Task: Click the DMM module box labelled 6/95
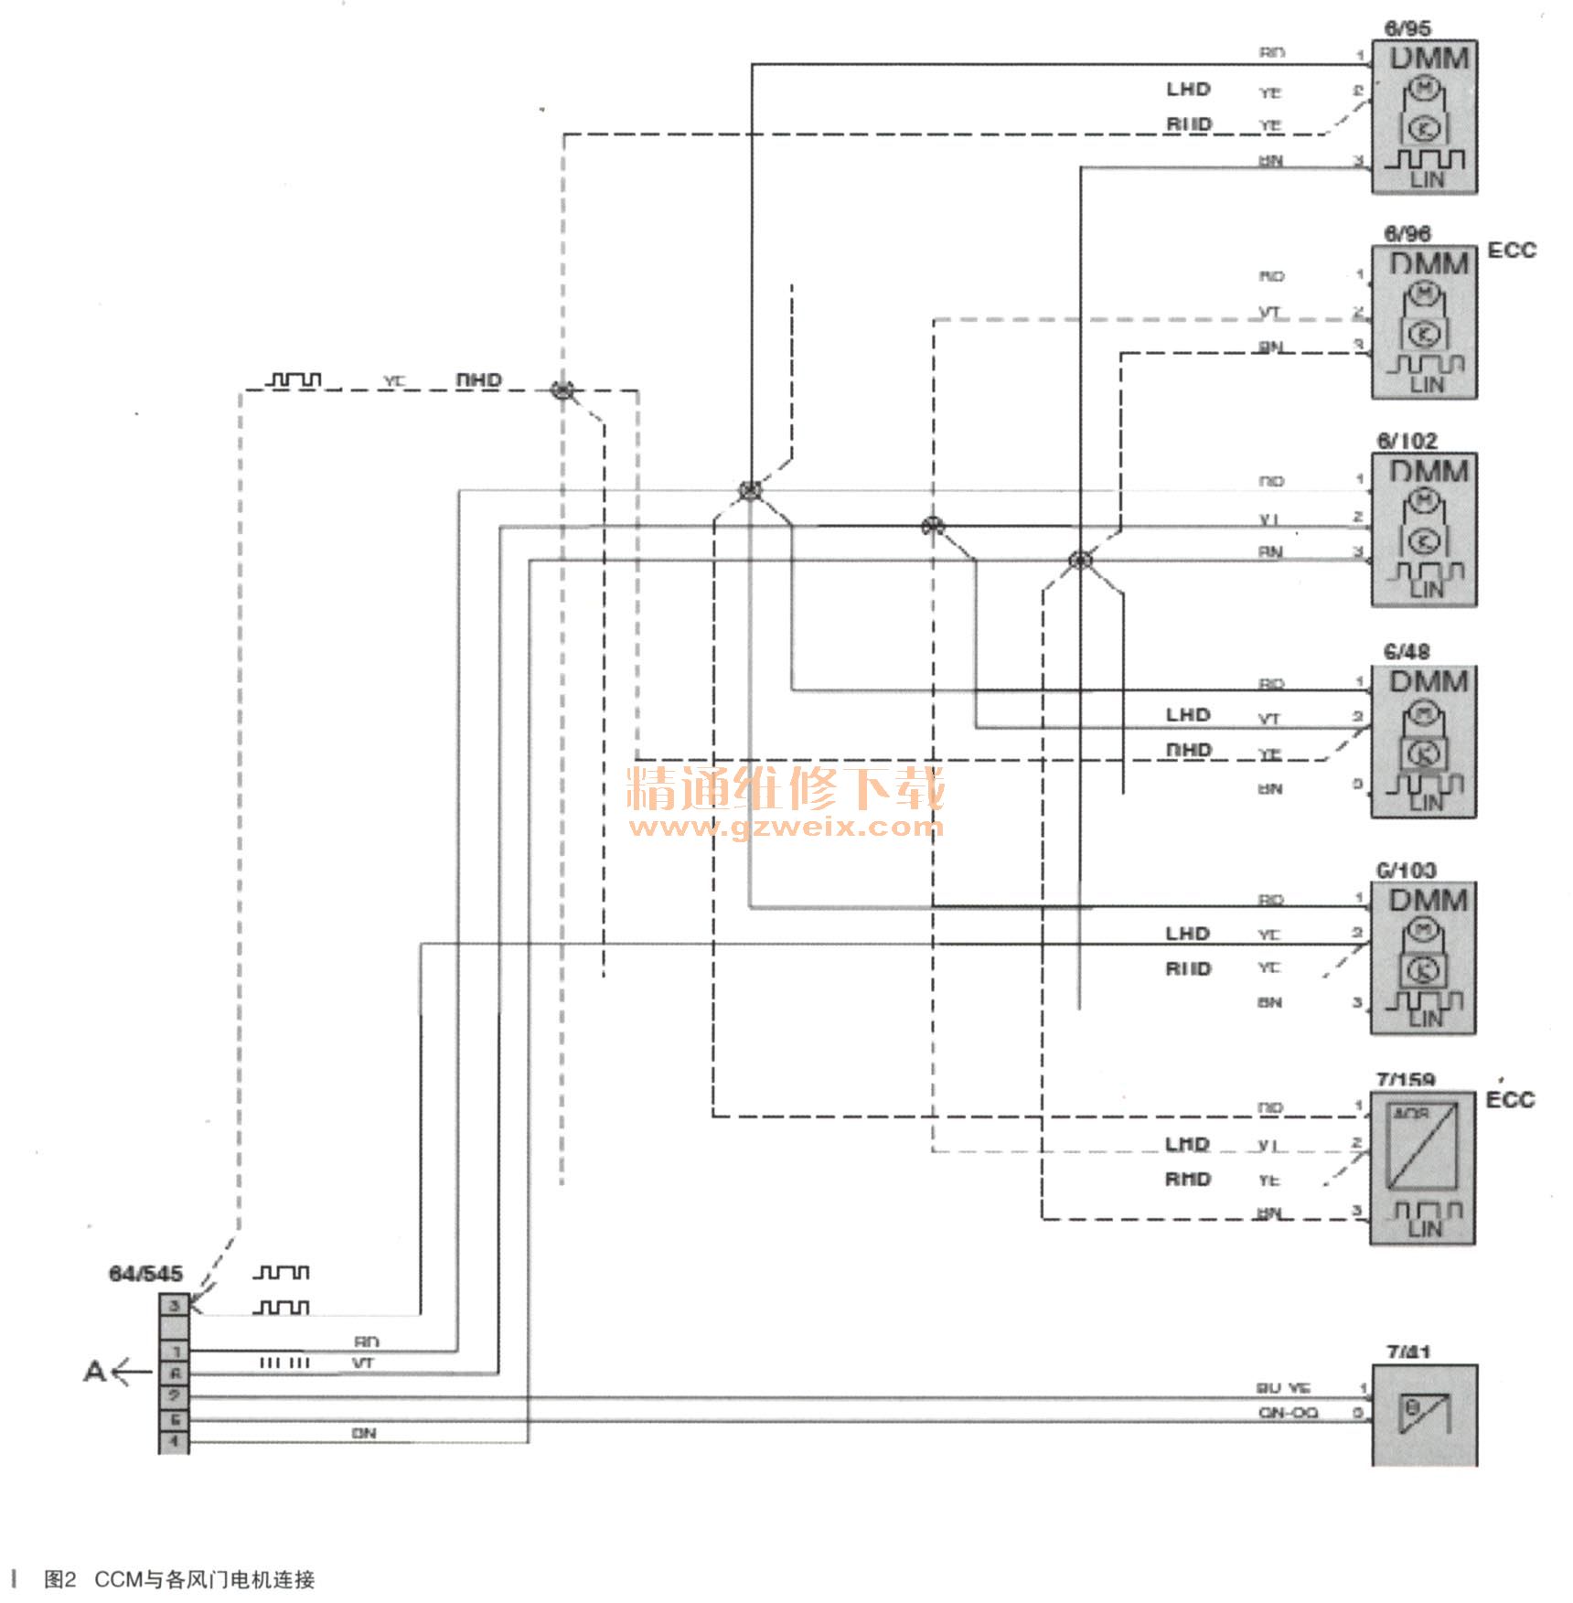click(x=1424, y=117)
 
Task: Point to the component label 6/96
click(x=1407, y=234)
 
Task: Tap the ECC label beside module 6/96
click(x=1512, y=250)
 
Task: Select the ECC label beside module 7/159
click(x=1510, y=1099)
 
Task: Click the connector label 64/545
click(x=145, y=1273)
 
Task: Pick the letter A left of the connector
click(x=94, y=1372)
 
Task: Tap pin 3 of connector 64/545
click(x=174, y=1304)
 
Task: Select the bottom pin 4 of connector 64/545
click(x=174, y=1442)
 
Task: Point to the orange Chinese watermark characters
click(x=785, y=788)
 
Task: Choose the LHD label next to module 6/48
click(x=1187, y=714)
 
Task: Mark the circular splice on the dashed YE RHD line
click(x=562, y=390)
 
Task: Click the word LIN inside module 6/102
click(x=1426, y=590)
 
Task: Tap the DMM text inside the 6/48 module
click(x=1429, y=682)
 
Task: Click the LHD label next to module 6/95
click(x=1187, y=89)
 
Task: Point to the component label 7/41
click(x=1408, y=1352)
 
